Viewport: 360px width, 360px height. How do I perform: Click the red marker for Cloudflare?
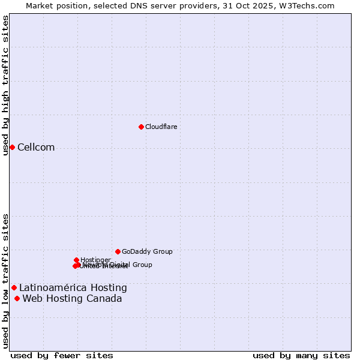coord(141,127)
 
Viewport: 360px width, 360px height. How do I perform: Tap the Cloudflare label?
coord(161,127)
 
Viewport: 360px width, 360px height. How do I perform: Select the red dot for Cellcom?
coord(12,148)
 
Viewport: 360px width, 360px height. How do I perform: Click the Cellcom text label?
coord(36,148)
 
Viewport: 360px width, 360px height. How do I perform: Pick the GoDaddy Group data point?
coord(118,251)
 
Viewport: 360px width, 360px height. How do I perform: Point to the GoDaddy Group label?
coord(147,251)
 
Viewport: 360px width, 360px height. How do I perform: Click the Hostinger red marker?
coord(76,260)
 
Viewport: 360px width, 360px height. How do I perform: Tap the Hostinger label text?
coord(95,260)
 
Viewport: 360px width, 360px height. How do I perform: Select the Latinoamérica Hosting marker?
coord(14,288)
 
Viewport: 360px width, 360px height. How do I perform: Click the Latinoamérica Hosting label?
coord(73,288)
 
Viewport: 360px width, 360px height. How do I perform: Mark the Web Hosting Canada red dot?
coord(17,299)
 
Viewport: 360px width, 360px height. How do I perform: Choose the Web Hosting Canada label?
coord(72,299)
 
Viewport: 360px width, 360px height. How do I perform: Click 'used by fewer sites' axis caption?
coord(62,355)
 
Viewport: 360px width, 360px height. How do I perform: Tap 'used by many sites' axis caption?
coord(301,355)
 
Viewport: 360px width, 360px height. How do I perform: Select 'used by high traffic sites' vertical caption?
coord(6,85)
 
